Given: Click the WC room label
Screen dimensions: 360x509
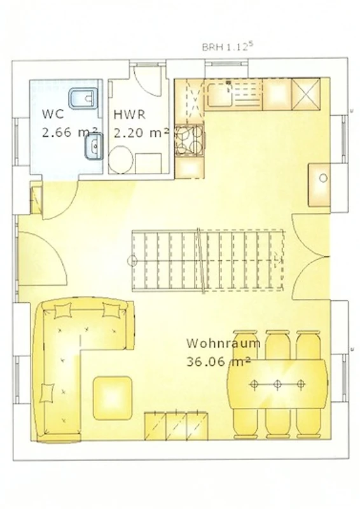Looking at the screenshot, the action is coord(53,115).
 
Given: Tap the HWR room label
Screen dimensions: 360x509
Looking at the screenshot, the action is coord(130,115).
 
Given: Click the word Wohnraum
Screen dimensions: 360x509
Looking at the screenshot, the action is coord(223,344).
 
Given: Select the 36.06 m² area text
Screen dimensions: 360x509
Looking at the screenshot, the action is coord(218,361).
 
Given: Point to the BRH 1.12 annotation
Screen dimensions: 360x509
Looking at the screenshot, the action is coord(227,46).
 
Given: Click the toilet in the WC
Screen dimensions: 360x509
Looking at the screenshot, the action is coord(83,97).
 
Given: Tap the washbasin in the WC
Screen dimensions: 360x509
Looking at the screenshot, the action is coord(93,147).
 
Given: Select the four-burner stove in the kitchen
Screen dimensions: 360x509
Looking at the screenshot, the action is coord(190,140).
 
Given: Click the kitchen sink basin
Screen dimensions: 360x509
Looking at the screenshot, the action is coord(220,95).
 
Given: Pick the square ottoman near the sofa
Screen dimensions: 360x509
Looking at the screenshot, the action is coord(113,398).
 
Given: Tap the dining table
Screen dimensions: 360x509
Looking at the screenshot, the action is coord(277,384).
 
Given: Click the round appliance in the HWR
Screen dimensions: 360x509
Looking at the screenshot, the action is coord(121,160).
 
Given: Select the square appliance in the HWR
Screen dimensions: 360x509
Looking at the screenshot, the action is coord(148,164).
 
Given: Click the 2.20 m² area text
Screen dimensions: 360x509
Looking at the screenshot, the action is coord(141,133).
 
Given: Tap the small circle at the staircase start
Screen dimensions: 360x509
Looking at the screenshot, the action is coord(132,261).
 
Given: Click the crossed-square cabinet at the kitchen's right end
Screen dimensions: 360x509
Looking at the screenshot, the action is coord(306,94).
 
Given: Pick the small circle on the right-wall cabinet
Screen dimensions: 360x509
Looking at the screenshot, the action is coord(323,178).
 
